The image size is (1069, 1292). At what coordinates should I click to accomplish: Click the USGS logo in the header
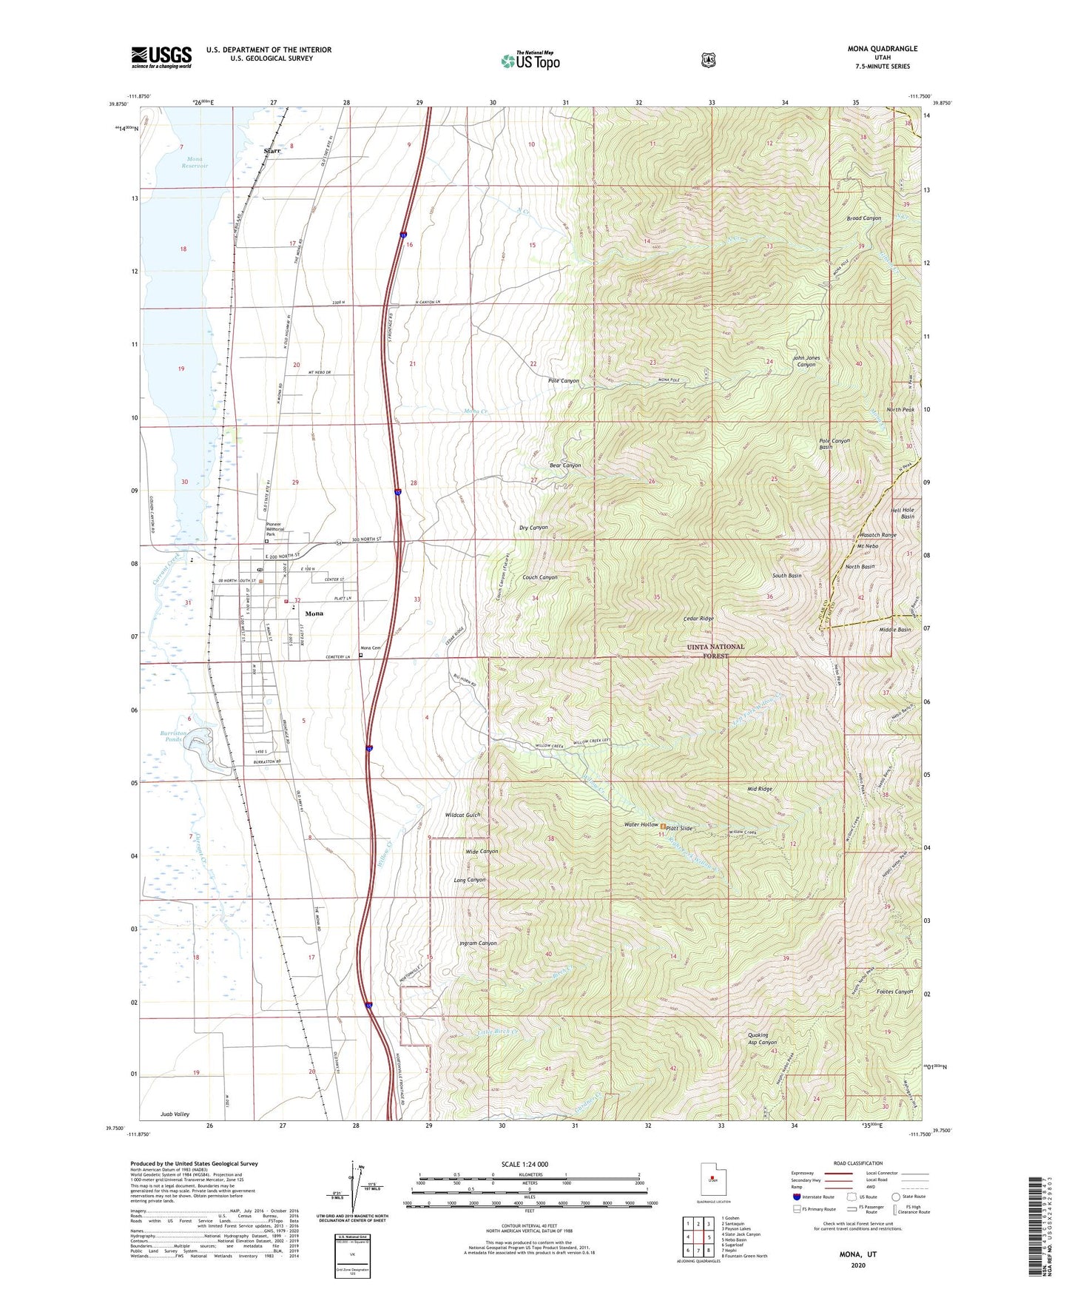point(161,57)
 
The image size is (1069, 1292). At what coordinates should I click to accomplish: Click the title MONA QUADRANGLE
point(882,49)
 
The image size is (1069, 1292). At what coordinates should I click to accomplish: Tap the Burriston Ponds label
point(174,736)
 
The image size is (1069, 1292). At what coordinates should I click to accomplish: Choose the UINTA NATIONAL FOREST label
point(715,650)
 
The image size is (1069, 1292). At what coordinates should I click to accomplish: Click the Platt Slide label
point(679,828)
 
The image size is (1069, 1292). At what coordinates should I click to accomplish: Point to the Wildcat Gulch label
point(462,815)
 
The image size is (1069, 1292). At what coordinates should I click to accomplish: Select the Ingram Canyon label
point(477,943)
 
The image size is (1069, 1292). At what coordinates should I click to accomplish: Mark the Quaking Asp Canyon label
point(763,1038)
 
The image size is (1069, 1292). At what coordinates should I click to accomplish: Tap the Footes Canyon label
point(894,992)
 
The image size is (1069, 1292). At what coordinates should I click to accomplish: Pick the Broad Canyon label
point(863,218)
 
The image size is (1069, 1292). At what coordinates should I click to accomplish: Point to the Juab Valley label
point(175,1114)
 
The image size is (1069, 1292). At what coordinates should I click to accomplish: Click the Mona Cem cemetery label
point(370,648)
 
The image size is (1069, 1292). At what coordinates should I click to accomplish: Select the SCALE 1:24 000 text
point(525,1164)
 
